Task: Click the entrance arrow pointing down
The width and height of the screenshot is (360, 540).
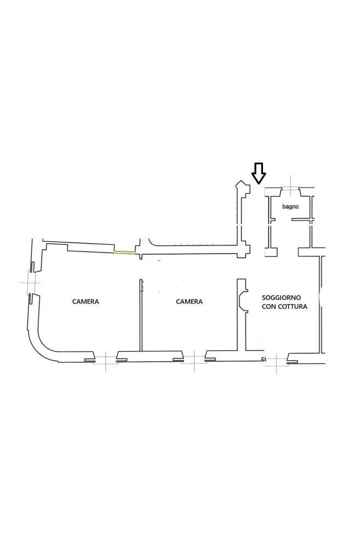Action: (259, 173)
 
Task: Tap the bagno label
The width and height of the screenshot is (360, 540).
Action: (290, 206)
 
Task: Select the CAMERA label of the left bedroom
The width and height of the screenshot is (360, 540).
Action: (85, 301)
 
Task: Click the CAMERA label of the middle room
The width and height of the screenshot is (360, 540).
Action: (189, 301)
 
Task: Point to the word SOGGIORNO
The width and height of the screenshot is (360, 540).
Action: (282, 297)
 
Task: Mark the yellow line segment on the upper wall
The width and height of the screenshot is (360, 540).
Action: (125, 252)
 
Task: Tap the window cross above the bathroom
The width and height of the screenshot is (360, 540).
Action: (292, 188)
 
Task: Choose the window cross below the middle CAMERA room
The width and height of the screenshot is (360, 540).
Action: (194, 360)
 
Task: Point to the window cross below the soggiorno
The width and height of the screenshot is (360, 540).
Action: (276, 361)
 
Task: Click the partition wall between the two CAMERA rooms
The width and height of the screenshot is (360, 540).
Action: (141, 315)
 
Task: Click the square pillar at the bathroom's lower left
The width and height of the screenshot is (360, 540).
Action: (271, 252)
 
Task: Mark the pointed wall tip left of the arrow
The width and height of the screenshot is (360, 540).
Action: (240, 181)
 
